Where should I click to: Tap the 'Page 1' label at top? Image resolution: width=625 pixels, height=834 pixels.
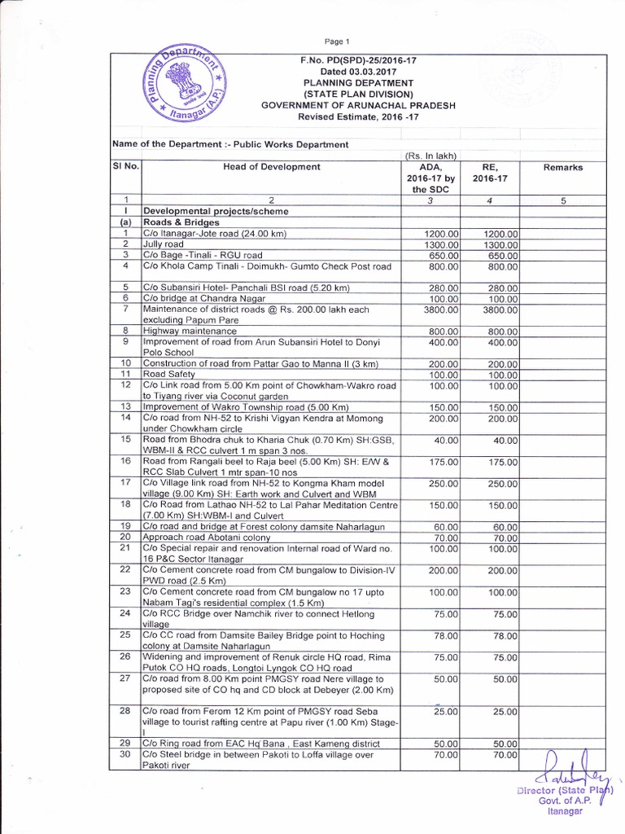(336, 41)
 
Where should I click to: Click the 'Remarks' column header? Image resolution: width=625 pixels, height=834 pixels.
(563, 167)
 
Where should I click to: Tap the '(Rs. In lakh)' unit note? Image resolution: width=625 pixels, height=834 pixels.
(432, 156)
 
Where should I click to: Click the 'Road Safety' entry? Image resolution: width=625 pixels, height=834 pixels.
(169, 373)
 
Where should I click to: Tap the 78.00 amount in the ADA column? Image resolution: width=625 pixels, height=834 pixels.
(447, 634)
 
